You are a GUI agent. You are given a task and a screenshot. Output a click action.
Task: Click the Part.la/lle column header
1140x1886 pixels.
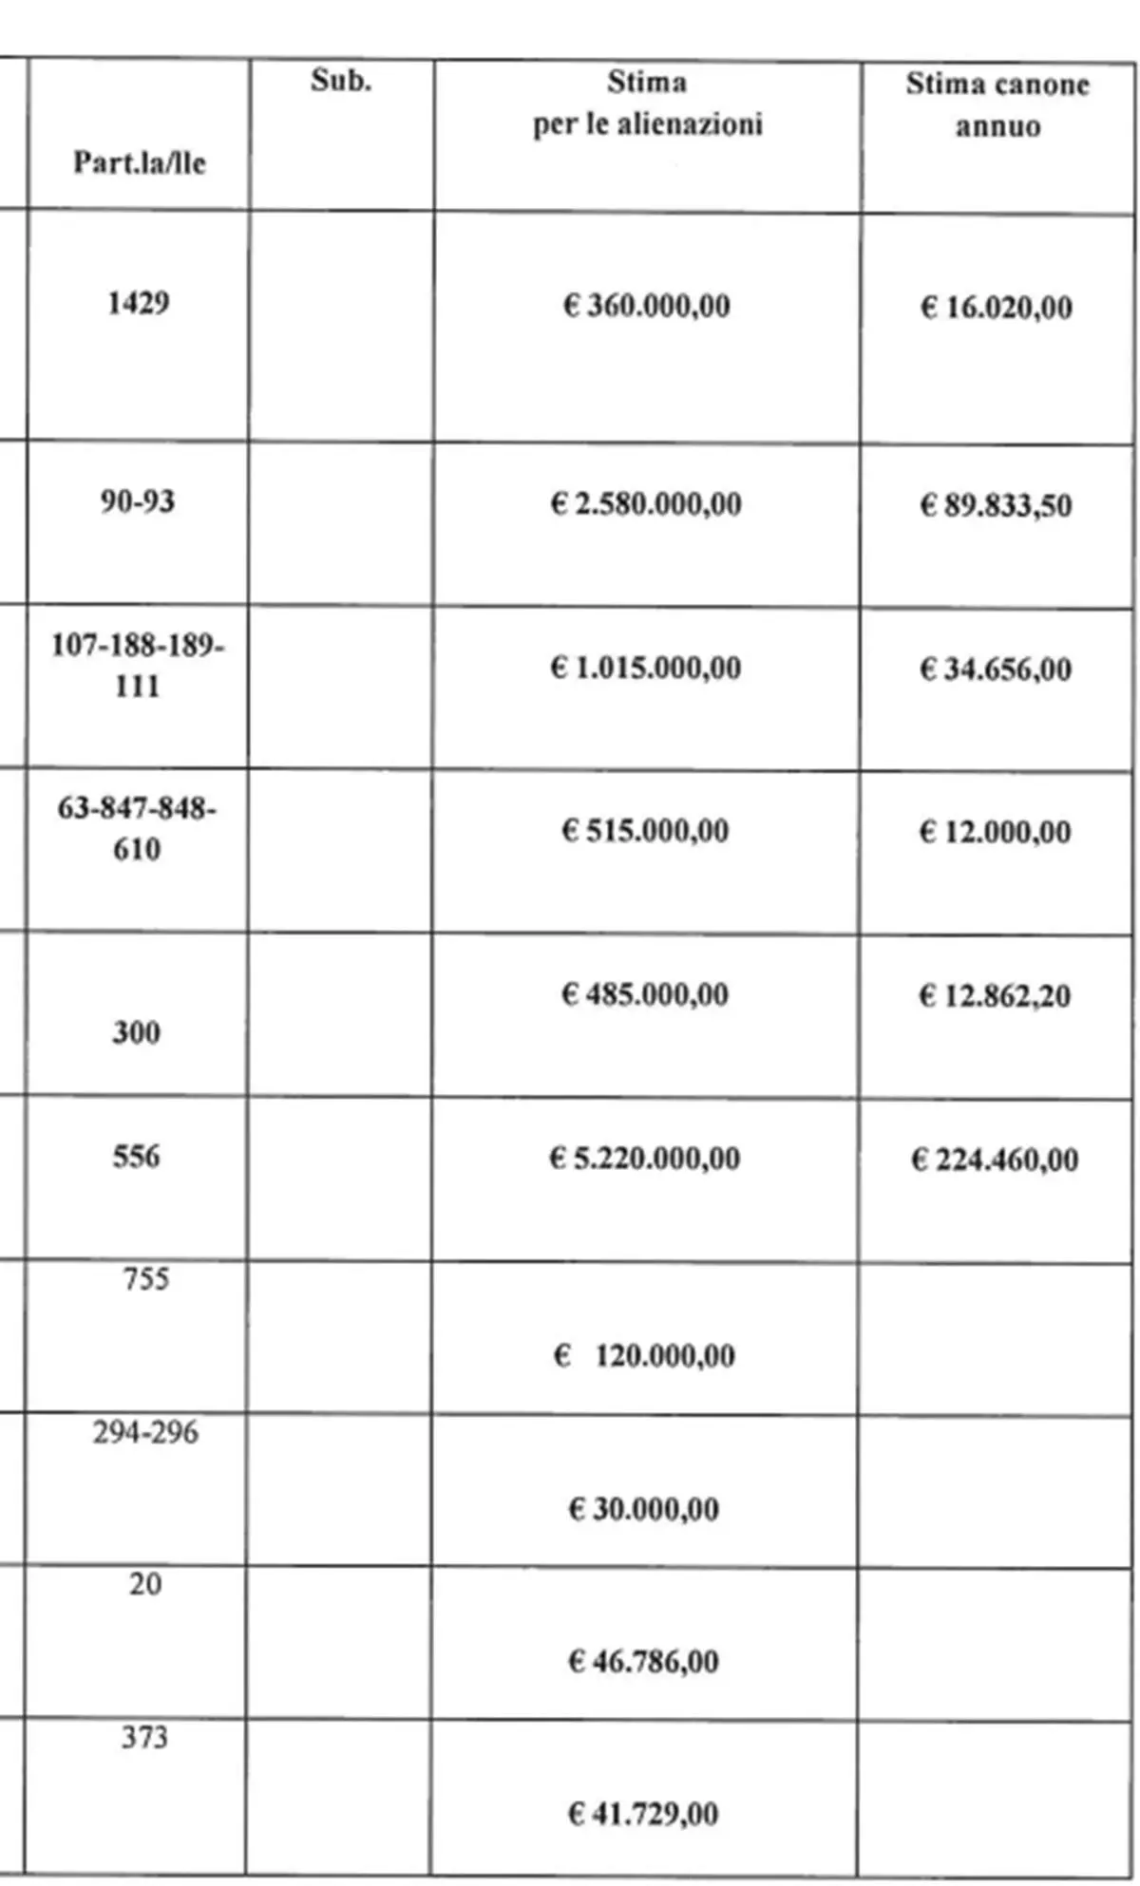point(139,162)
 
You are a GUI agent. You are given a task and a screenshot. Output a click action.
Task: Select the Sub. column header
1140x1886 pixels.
point(340,82)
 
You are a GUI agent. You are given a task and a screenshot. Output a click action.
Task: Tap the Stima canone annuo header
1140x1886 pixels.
point(997,104)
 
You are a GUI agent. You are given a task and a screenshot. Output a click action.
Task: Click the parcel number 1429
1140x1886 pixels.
point(138,303)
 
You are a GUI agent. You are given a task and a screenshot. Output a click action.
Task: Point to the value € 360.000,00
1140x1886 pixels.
point(646,306)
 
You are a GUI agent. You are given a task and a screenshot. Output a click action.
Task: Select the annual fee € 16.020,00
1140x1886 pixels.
point(996,308)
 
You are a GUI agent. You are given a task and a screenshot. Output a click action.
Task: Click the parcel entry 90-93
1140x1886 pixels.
point(138,500)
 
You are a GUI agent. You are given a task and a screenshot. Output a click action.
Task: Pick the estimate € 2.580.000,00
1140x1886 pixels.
point(646,503)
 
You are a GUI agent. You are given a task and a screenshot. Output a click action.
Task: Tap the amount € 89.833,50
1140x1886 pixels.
point(995,504)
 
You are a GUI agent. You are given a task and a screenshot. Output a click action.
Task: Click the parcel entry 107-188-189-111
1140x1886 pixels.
point(138,665)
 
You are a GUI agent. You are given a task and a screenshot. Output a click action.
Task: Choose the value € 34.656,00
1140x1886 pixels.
point(995,670)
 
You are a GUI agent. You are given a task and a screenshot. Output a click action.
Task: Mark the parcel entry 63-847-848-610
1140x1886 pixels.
point(137,828)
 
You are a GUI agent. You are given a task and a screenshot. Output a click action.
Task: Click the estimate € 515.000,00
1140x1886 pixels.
point(645,831)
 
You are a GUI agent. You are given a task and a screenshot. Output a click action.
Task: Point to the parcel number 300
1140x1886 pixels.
point(136,1031)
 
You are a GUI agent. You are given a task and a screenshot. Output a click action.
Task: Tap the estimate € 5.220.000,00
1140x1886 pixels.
point(644,1158)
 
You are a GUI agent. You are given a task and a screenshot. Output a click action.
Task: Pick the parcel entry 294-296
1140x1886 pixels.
point(145,1431)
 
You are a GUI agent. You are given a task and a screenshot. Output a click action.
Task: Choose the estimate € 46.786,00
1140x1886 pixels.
point(643,1661)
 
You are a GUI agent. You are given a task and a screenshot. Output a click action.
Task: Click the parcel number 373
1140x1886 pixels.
point(144,1737)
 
